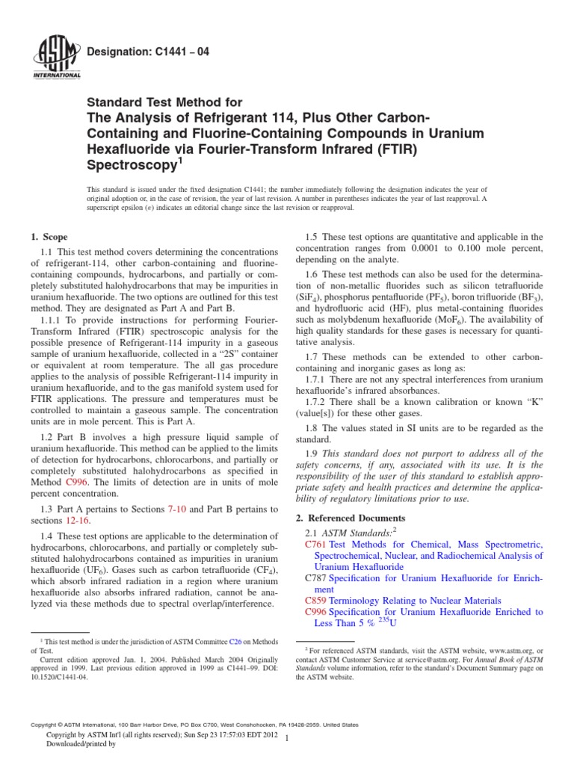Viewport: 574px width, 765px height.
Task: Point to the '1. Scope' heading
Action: point(48,237)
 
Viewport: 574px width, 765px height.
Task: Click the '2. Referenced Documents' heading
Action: point(347,518)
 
